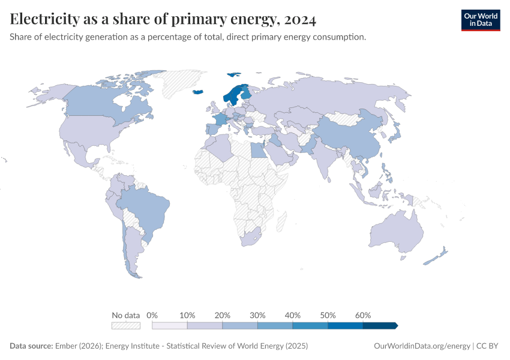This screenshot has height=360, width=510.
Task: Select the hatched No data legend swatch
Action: point(126,326)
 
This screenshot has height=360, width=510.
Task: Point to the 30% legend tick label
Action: point(257,315)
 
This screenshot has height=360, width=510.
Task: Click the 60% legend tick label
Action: point(363,315)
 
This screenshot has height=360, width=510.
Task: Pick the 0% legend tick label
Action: point(152,315)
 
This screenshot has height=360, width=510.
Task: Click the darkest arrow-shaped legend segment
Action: point(380,326)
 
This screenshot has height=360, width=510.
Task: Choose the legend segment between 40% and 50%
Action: point(310,326)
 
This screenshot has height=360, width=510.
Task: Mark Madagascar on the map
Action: point(280,223)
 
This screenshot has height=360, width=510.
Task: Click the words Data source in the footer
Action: point(31,346)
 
